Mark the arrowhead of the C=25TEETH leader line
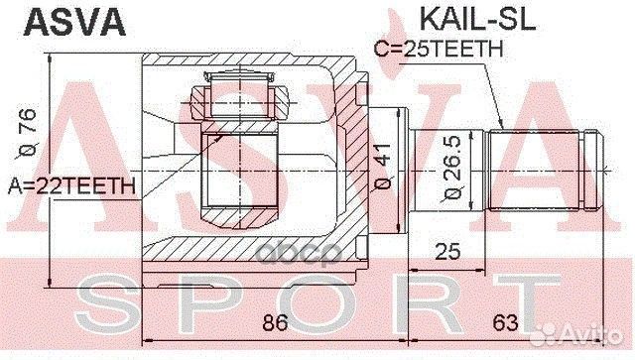(x=502, y=128)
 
